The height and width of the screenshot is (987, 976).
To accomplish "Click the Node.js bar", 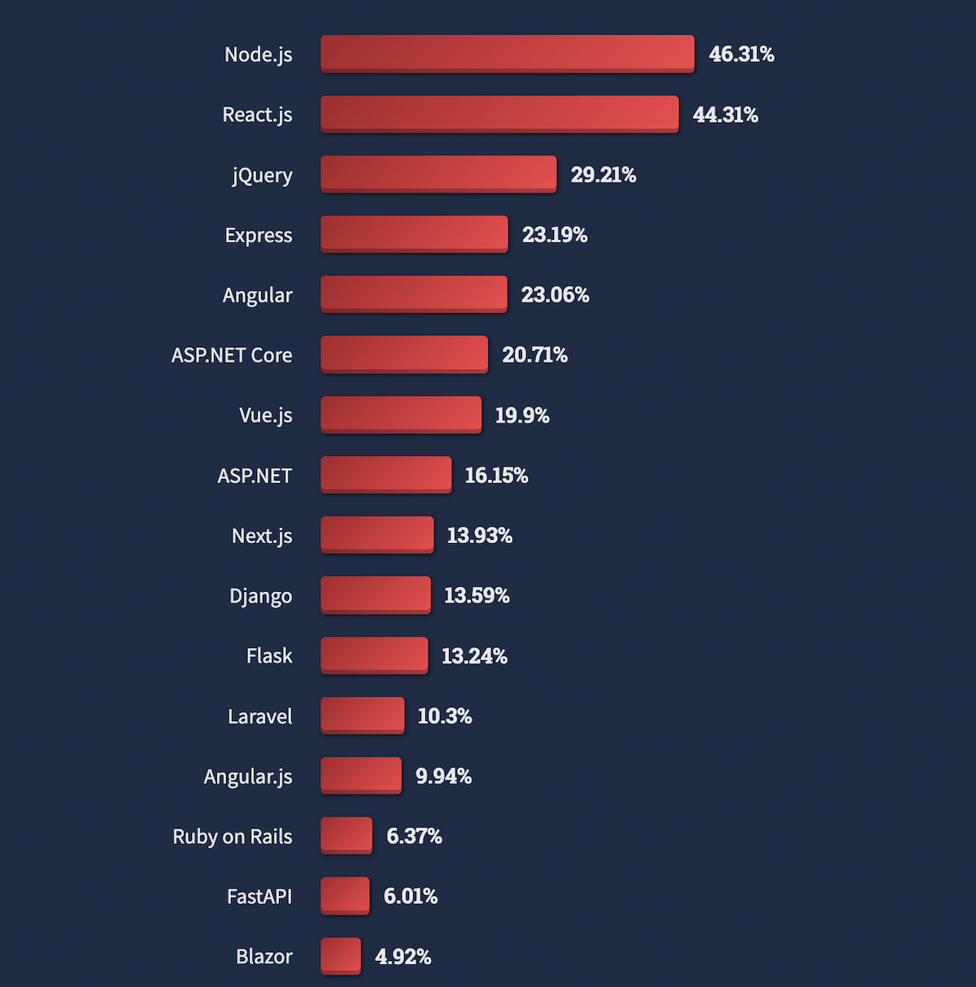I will [x=508, y=54].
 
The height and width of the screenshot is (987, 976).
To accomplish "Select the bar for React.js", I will [x=499, y=114].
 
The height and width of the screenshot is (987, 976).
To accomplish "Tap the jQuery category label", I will [x=262, y=175].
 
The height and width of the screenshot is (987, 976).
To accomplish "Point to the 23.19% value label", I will [x=555, y=235].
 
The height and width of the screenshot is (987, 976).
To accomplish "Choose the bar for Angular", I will [x=414, y=294].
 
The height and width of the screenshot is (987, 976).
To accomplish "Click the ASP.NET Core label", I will [x=232, y=355].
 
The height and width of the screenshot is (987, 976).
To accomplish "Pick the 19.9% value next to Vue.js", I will [x=522, y=415].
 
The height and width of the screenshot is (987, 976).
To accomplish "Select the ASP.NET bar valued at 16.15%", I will [x=386, y=475].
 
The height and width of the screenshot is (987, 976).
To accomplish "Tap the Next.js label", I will [x=262, y=536].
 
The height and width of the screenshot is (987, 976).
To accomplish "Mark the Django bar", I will [x=376, y=595].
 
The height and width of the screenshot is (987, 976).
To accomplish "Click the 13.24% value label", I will [x=474, y=656].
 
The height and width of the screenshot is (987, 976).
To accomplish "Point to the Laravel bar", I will [x=363, y=715].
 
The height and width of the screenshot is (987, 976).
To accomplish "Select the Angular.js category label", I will [x=248, y=776].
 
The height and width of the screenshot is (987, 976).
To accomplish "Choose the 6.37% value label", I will [x=414, y=836].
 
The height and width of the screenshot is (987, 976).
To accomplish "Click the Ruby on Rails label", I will [x=233, y=837].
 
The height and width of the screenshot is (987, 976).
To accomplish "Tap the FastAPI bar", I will [x=345, y=896].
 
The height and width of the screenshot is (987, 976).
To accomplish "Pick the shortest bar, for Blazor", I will [x=341, y=956].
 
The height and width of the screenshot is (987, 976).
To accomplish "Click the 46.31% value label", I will [x=742, y=54].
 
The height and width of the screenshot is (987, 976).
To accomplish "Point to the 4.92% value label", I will [x=403, y=957].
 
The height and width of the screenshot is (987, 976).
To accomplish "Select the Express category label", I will [x=259, y=235].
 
